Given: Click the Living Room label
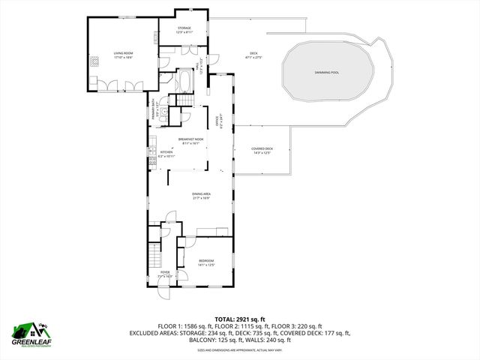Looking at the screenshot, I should (x=123, y=53).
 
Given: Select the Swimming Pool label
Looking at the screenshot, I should (x=327, y=72).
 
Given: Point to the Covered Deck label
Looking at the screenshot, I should (x=262, y=148).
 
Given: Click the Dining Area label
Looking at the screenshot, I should (x=200, y=193).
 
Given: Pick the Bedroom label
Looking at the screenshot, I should (x=206, y=259).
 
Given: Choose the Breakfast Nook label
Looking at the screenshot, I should (x=190, y=139).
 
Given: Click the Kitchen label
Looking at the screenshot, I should (x=166, y=152).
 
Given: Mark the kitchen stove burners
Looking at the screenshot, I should (x=152, y=160).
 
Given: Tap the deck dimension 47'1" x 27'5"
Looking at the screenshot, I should (x=253, y=57).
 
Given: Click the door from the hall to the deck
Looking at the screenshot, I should (x=214, y=61).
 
